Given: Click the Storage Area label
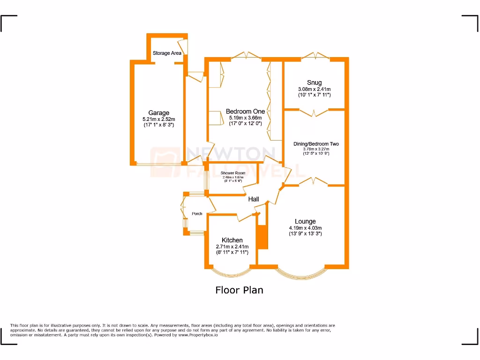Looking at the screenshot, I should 167,53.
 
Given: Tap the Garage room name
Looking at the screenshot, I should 159,113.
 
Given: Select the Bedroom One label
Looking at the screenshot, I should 245,111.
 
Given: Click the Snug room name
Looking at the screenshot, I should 315,82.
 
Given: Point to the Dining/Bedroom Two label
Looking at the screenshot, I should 316,144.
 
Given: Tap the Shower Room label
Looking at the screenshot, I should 233,173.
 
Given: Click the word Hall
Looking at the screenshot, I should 254,199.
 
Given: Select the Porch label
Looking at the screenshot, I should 197,214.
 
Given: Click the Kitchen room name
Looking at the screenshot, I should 232,240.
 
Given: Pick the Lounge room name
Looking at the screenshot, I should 305,221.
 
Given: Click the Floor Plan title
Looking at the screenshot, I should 239,290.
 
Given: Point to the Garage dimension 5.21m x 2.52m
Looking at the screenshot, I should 159,120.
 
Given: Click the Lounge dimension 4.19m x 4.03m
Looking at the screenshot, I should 305,228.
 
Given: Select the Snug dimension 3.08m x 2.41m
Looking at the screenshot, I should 315,89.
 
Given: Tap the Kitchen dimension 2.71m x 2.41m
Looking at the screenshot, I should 232,247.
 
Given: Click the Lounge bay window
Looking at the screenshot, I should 300,274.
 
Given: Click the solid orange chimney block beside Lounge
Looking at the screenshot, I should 262,237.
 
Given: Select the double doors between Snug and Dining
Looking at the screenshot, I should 315,112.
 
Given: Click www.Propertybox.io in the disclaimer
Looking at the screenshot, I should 198,335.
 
